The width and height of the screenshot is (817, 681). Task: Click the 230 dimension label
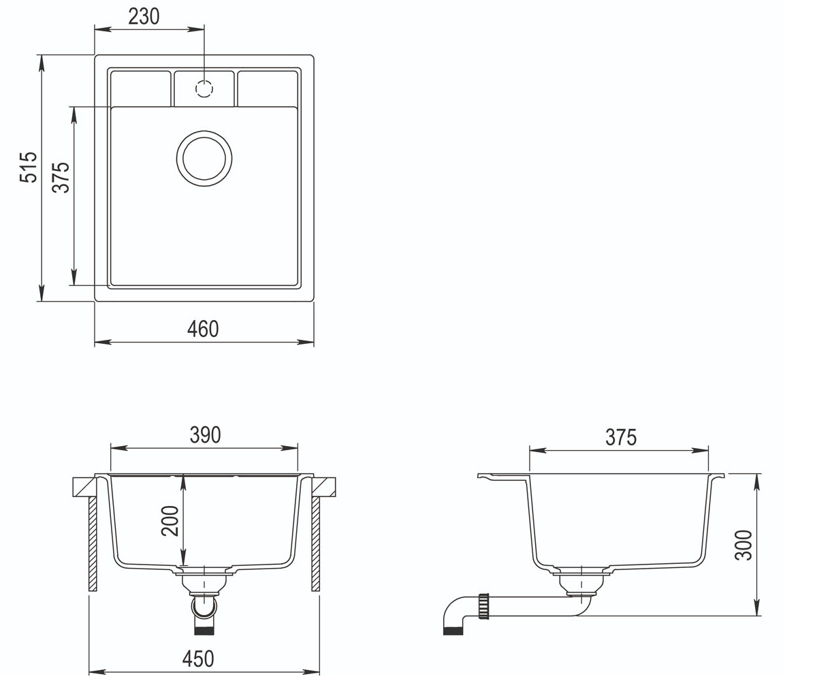(x=144, y=16)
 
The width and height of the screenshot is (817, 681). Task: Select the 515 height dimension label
(x=29, y=167)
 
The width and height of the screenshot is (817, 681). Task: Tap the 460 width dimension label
(x=203, y=329)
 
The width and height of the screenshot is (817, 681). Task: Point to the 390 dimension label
(x=205, y=435)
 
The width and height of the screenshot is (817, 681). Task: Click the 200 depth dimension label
(x=170, y=521)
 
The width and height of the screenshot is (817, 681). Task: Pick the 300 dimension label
(x=743, y=545)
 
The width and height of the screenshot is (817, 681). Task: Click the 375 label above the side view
(x=621, y=437)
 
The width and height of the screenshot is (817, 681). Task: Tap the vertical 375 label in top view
(x=61, y=177)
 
